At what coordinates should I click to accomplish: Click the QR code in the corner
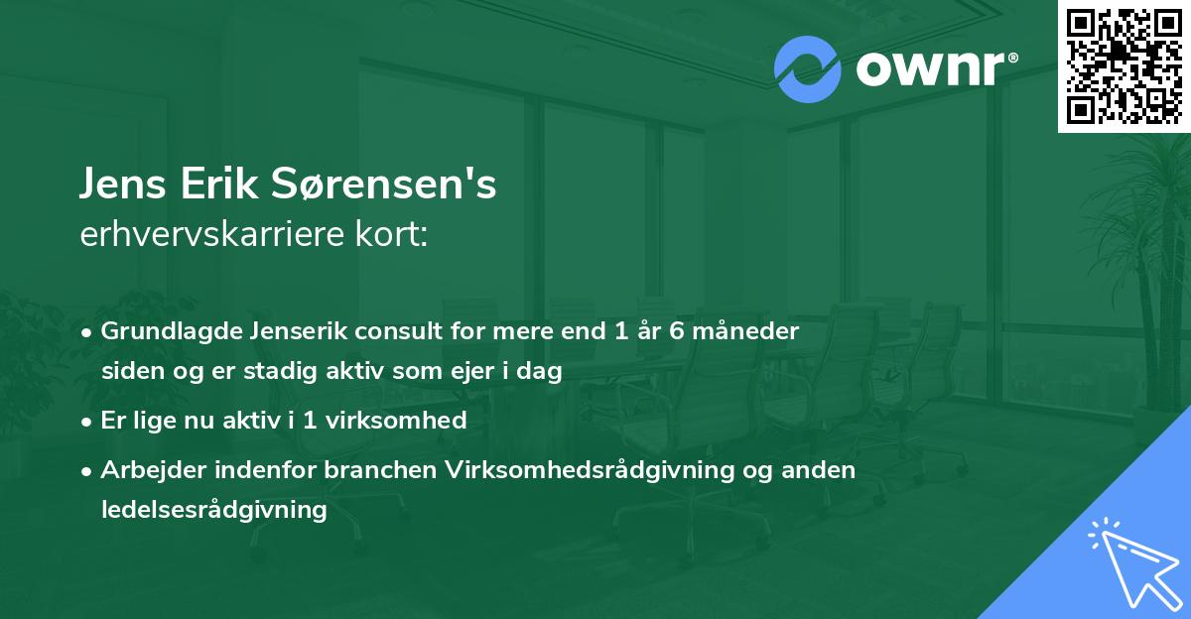(x=1124, y=66)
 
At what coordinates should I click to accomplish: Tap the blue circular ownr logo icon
(x=808, y=69)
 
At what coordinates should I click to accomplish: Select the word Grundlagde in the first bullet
(x=163, y=331)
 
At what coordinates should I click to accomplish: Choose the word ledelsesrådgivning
(x=213, y=510)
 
